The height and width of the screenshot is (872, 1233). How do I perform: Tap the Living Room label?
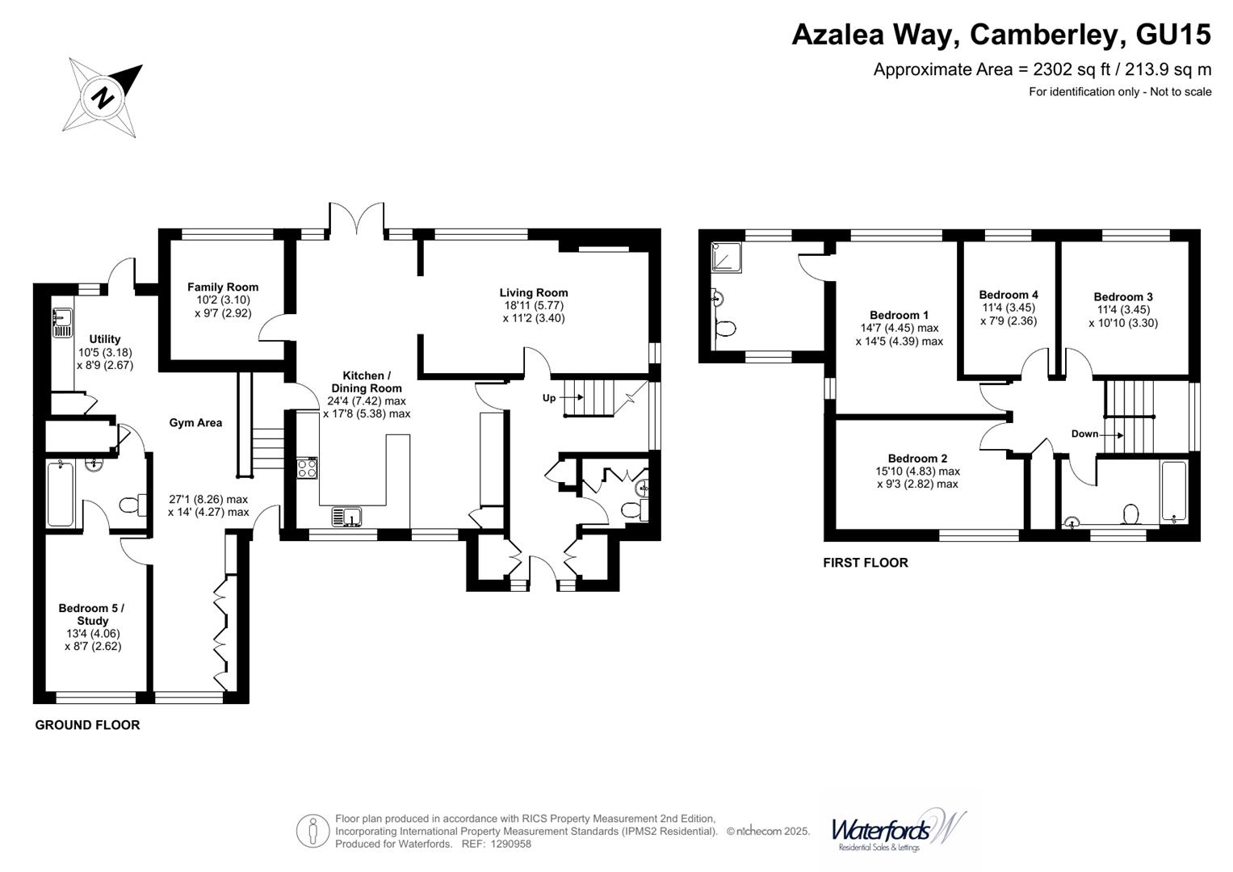(533, 293)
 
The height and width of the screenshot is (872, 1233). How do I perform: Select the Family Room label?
(223, 287)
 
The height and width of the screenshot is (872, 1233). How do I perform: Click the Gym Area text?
(195, 422)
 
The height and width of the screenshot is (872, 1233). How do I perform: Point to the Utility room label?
(105, 339)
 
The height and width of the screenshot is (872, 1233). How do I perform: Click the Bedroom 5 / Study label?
(92, 614)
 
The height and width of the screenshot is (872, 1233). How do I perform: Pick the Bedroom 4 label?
(1009, 295)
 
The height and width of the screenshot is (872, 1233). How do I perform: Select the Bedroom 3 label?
(1122, 296)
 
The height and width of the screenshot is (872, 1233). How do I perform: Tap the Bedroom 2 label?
(917, 458)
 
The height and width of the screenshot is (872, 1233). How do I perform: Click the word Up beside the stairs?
(549, 398)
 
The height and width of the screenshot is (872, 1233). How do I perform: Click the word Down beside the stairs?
(1084, 434)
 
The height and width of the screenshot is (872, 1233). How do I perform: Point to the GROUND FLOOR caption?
(87, 725)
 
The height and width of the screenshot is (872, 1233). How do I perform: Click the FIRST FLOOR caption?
(865, 563)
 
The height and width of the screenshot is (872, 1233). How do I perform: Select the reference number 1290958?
(507, 844)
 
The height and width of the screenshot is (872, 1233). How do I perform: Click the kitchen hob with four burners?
(308, 467)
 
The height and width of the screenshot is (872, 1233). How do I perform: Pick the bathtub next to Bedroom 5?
(61, 493)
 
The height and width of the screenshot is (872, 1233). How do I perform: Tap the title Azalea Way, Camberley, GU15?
(1000, 34)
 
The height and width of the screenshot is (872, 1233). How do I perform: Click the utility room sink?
(61, 322)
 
